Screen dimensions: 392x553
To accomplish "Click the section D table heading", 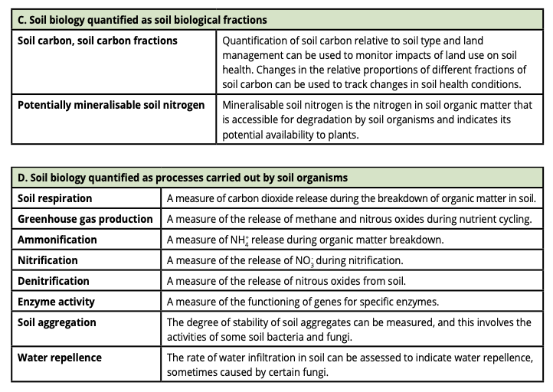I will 182,178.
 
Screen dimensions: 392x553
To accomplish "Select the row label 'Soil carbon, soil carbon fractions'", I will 97,40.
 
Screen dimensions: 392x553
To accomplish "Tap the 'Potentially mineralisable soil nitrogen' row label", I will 111,105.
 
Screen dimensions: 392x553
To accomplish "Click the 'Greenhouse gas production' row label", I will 85,219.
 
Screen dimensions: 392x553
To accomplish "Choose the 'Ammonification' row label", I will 57,240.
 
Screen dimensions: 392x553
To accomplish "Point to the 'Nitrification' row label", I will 47,260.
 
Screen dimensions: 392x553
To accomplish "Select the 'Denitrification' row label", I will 54,281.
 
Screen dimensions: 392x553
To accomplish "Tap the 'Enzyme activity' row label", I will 57,302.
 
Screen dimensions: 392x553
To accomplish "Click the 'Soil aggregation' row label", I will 57,322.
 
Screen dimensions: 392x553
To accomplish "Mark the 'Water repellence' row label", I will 60,358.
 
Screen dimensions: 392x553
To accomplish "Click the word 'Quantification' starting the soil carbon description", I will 257,40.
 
